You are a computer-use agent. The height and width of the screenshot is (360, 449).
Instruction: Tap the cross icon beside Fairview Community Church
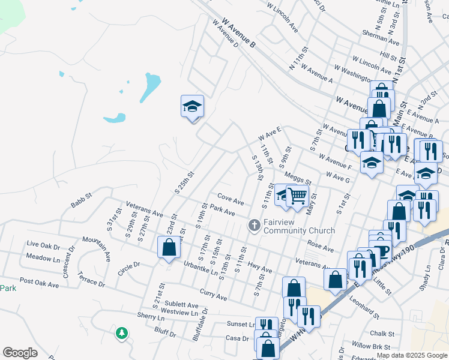[254, 226]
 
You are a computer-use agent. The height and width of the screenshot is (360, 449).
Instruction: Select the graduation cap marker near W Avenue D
[192, 107]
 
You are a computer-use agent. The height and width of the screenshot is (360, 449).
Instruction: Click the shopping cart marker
[298, 196]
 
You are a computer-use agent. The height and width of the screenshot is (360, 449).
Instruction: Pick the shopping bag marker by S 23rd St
[169, 247]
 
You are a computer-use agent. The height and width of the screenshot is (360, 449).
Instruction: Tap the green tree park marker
[122, 332]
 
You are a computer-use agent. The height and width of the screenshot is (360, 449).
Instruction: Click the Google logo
[20, 352]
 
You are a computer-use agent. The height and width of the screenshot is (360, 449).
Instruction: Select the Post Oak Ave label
[38, 281]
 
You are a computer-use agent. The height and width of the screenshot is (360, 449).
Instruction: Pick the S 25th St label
[184, 182]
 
